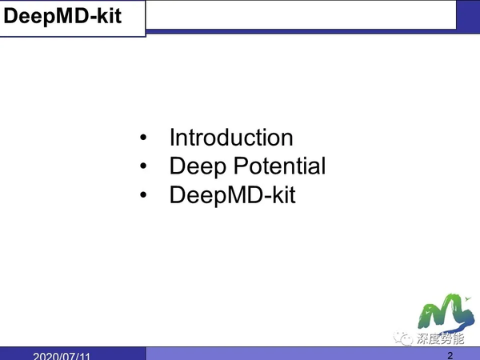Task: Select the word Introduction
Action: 231,138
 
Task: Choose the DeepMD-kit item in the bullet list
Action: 232,194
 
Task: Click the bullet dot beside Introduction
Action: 143,138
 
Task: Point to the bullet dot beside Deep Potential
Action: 143,167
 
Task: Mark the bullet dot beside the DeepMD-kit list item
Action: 143,195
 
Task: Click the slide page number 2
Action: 450,354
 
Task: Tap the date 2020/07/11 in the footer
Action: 62,355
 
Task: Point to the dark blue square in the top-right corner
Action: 468,14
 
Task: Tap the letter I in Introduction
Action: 172,138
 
